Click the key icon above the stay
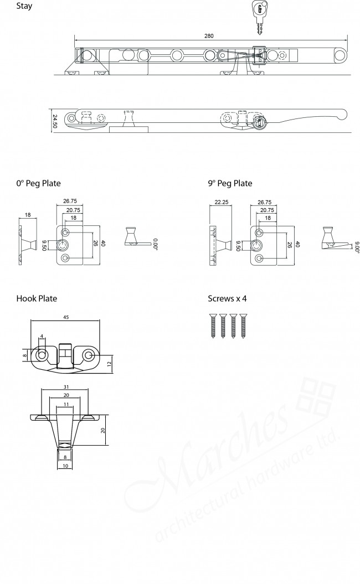(259, 15)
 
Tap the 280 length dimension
(209, 35)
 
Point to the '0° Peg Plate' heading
(38, 183)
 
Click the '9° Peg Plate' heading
(230, 183)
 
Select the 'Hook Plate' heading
(37, 298)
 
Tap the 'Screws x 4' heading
(227, 298)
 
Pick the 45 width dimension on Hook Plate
(65, 318)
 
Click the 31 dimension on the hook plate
(65, 386)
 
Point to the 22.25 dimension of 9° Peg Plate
(220, 203)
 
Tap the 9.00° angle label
(357, 246)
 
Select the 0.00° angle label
(156, 244)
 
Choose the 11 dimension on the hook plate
(65, 405)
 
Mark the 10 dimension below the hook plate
(65, 467)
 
